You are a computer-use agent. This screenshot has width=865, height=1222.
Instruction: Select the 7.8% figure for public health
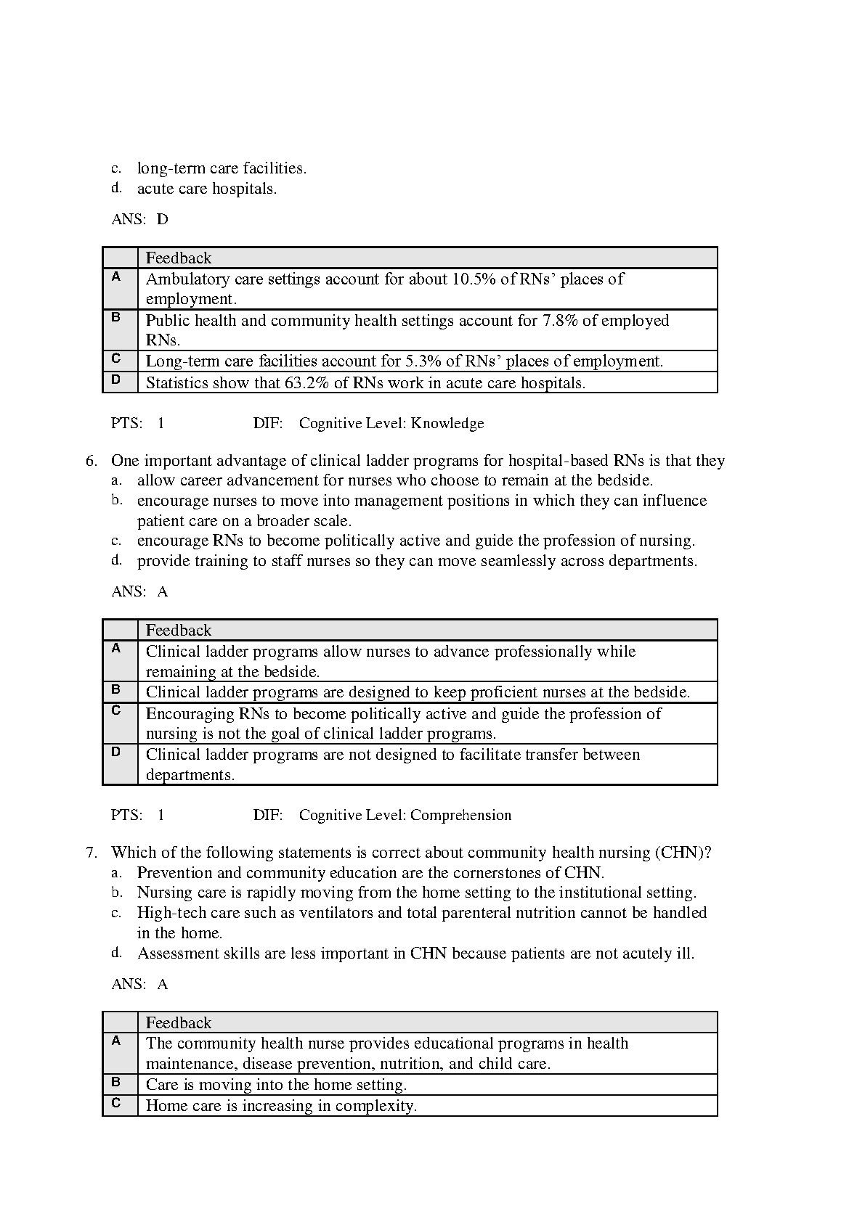click(560, 321)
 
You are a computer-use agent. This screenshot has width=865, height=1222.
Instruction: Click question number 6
click(92, 461)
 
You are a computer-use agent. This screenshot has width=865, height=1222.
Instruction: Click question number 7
click(92, 853)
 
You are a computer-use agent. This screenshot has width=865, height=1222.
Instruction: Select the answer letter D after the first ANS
click(163, 219)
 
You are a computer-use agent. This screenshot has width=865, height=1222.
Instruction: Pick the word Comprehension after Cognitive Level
click(460, 816)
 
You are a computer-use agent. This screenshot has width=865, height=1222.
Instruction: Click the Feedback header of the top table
click(179, 258)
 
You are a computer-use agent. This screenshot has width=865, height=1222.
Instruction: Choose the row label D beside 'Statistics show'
click(116, 380)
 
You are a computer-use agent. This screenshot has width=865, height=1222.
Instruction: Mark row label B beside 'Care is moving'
click(116, 1082)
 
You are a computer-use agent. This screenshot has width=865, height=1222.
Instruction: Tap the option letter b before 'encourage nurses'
click(116, 501)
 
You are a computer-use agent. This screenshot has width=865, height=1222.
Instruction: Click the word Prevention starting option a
click(171, 873)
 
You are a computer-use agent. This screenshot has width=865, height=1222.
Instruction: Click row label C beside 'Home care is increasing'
click(116, 1104)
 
